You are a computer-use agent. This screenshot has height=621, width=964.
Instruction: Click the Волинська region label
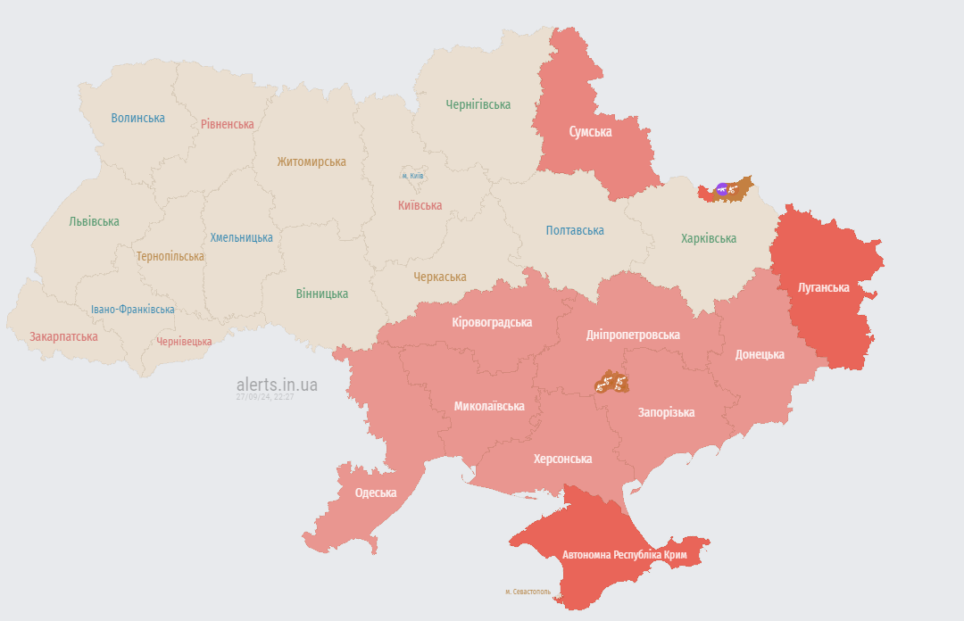[x=137, y=118]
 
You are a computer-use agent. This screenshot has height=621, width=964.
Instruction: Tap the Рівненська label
[x=227, y=124]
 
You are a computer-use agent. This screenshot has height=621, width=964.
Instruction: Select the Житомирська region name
[x=311, y=161]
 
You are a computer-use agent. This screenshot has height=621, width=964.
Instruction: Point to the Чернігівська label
[x=478, y=104]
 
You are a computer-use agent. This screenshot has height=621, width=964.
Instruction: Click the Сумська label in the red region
[x=590, y=131]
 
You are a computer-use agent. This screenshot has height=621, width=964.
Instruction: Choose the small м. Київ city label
[x=411, y=176]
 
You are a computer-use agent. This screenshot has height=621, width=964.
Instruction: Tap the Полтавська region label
[x=574, y=230]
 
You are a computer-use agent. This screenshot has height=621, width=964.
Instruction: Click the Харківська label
[x=708, y=238]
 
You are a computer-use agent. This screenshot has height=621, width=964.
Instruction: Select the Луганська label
[x=824, y=287]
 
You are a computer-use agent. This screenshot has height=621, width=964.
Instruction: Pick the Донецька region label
[x=760, y=354]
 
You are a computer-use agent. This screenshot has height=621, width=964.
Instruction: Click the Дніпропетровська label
[x=633, y=335]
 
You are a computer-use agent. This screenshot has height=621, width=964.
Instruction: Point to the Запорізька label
[x=666, y=412]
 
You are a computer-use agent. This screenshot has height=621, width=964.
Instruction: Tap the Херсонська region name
[x=562, y=459]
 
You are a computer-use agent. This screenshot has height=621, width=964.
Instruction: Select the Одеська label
[x=375, y=493]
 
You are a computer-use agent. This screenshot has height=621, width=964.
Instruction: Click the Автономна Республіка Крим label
[x=624, y=555]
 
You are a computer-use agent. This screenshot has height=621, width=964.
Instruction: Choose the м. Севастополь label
[x=528, y=592]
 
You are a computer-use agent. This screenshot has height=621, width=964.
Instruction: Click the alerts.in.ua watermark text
[x=277, y=385]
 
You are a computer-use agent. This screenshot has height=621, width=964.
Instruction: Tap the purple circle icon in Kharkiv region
[x=722, y=189]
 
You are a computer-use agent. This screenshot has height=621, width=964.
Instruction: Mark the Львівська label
[x=94, y=221]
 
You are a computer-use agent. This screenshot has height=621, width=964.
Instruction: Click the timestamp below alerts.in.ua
[x=265, y=397]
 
